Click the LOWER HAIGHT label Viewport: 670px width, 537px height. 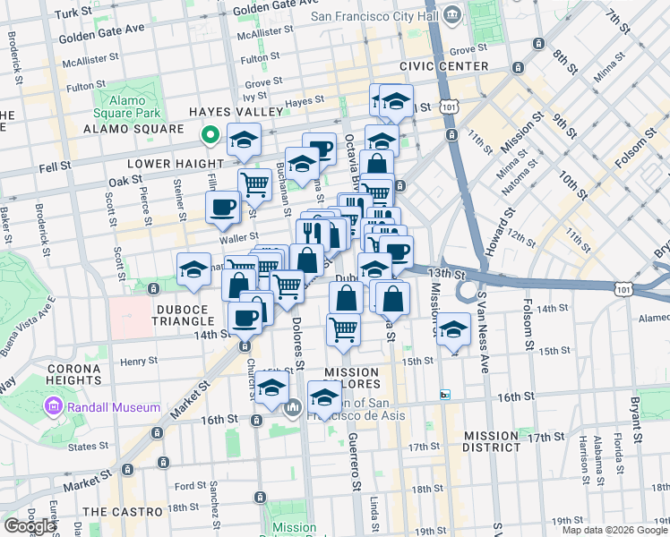click(174, 164)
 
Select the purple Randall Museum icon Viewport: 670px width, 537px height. click(53, 408)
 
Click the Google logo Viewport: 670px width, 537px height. click(30, 526)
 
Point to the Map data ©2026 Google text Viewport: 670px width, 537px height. click(614, 530)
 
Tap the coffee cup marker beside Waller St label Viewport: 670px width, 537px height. click(223, 209)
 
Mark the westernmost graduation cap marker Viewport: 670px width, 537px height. click(193, 269)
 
